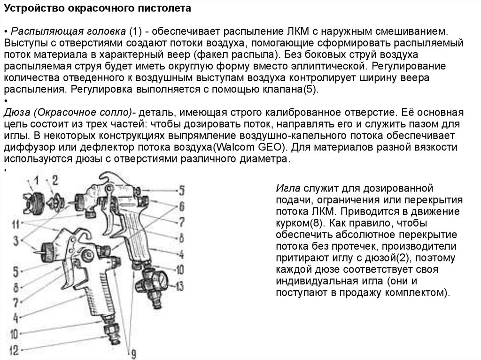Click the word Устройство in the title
coord(29,8)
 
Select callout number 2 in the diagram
coord(55,178)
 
